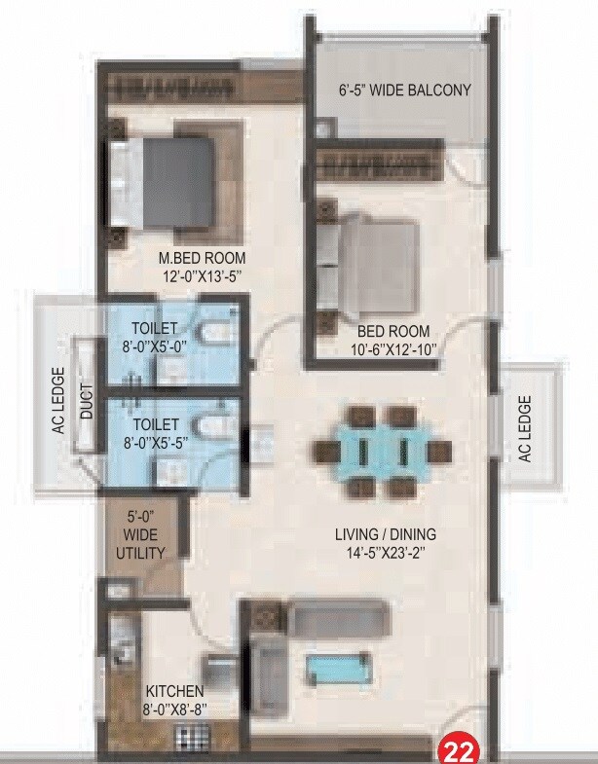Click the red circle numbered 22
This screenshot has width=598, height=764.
(x=459, y=748)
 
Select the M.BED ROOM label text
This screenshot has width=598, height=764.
(x=203, y=258)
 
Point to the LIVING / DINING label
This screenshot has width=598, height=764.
(x=386, y=534)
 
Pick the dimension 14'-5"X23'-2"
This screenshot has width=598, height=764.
(x=386, y=554)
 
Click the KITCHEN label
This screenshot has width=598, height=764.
(x=175, y=691)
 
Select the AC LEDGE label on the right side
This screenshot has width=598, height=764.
(x=525, y=428)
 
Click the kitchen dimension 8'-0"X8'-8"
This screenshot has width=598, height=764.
(x=175, y=709)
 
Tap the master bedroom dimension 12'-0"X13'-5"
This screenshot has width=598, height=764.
(x=203, y=276)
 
